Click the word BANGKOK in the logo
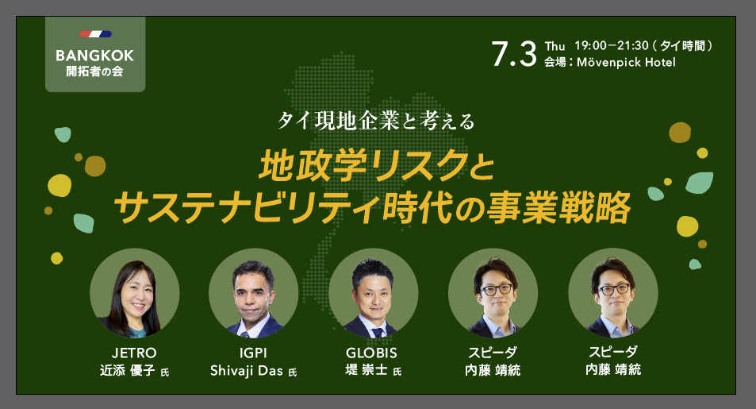pos(95,56)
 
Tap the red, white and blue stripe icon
pos(95,34)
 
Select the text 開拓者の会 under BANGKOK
pos(95,71)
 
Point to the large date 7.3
pos(514,53)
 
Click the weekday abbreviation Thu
pos(555,46)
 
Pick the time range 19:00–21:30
pos(612,46)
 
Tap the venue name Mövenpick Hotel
pos(626,62)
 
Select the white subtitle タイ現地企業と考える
pos(376,121)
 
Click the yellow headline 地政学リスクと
pos(377,166)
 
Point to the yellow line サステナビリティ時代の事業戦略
pos(372,207)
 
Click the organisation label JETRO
pos(134,353)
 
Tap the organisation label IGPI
pos(253,353)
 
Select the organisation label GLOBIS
pos(371,353)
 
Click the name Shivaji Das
pos(247,371)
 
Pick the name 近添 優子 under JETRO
pos(127,370)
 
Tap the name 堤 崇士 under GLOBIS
pos(366,370)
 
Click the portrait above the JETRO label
pos(135,293)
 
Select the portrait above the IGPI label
pos(254,293)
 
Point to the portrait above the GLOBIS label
pos(373,293)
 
